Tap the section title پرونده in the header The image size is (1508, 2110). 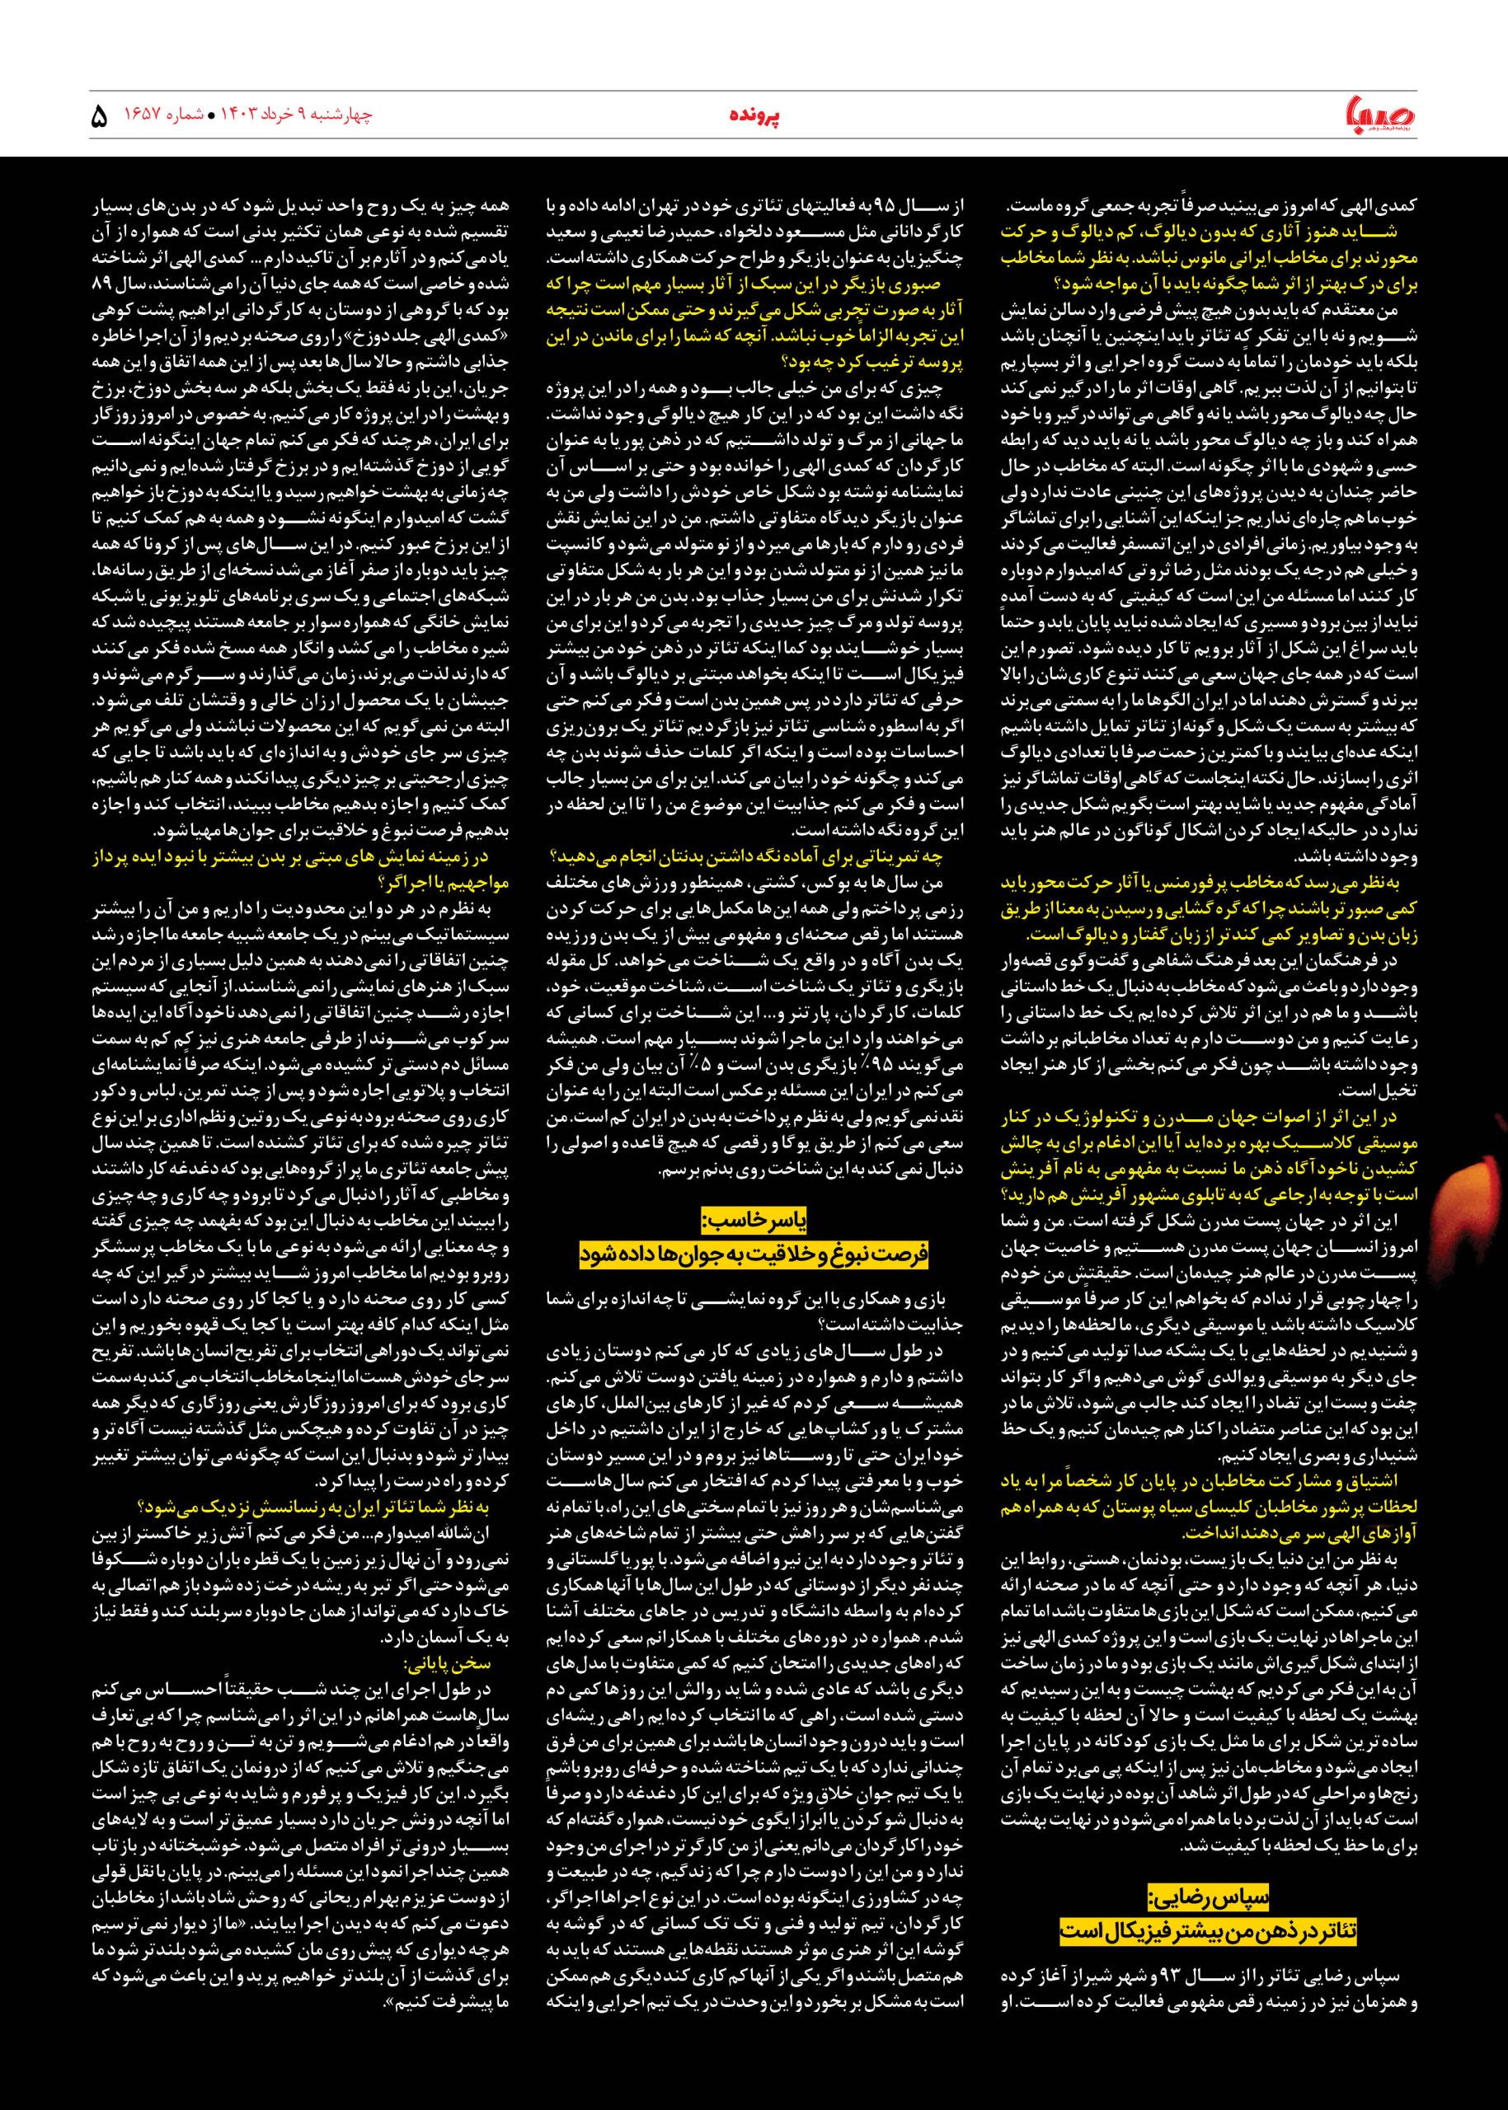pos(753,117)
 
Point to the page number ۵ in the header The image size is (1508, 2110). pos(100,117)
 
